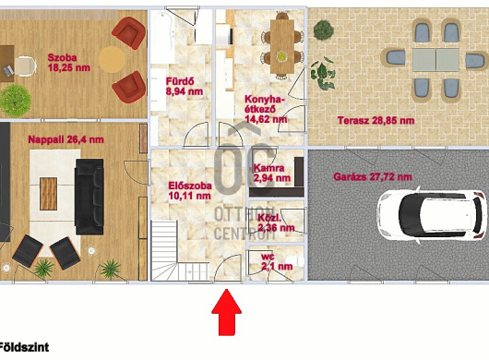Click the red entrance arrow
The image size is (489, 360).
coord(226,312)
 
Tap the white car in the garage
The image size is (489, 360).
coord(432,216)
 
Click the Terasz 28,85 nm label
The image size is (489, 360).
coord(376,120)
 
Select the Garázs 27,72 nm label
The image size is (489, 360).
coord(373,177)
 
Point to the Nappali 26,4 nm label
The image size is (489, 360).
coord(66,139)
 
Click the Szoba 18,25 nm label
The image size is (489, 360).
coord(69,63)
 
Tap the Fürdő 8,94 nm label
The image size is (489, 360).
coord(185,87)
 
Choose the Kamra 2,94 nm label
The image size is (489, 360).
coord(272,174)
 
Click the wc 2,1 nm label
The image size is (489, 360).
coord(277,262)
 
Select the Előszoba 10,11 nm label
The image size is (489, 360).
coord(190,190)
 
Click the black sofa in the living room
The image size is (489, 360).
coord(89,197)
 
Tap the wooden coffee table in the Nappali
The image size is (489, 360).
coord(48,194)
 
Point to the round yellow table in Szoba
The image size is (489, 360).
coord(112,59)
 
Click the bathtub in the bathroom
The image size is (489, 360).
coord(162,37)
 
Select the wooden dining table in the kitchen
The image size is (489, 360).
coord(282,46)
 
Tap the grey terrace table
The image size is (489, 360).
coord(435,60)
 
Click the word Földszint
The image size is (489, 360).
coord(24,347)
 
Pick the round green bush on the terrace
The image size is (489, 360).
coord(324,30)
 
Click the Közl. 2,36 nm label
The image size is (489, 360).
coord(276,222)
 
